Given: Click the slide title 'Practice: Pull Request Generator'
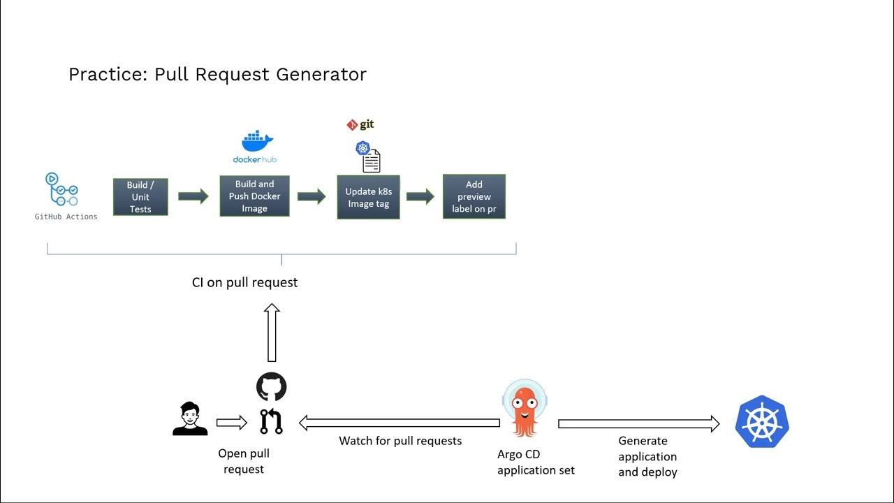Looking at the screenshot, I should (x=217, y=74).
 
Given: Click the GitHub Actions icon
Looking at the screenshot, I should (x=61, y=190).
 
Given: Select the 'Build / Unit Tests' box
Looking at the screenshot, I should (x=140, y=197).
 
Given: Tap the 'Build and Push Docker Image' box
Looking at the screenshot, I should (x=254, y=196).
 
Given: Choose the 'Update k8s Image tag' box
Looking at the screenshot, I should (x=368, y=198).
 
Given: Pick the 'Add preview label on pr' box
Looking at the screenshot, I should (x=474, y=197).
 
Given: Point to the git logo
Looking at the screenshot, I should (x=360, y=124).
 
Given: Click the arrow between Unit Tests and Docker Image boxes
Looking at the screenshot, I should (x=193, y=196).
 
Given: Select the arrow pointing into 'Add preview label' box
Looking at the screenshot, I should (x=420, y=196).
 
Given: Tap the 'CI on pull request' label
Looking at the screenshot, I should (x=244, y=282).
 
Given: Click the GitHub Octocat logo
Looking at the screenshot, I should (x=271, y=386).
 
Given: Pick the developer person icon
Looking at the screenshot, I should (x=190, y=419).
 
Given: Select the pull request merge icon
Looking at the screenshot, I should (x=271, y=422).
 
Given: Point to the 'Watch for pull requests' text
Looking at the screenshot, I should (x=400, y=441).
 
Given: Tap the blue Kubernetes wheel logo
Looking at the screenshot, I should (x=762, y=421).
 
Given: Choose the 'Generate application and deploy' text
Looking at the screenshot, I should (x=647, y=456).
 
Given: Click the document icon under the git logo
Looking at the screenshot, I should (x=371, y=161).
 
